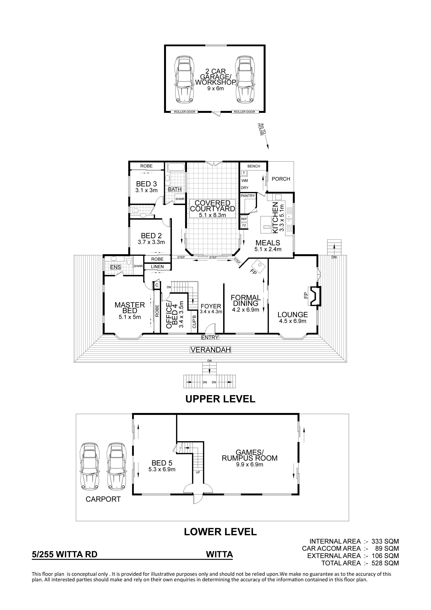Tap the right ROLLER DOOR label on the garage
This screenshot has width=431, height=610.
244,112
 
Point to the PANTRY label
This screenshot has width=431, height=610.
248,196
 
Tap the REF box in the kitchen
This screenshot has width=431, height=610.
244,219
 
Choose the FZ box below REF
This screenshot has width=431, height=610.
244,226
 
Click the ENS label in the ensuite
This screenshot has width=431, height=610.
115,267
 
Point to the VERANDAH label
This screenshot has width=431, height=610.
210,350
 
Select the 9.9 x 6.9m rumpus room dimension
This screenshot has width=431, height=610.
250,464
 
